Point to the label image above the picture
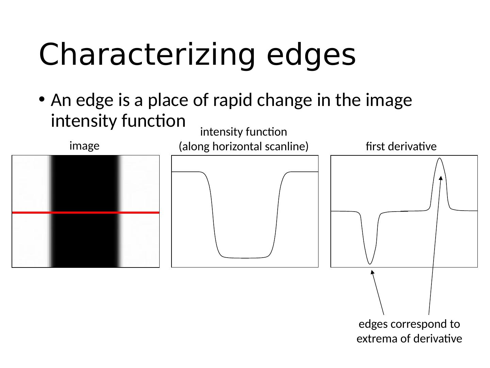(84, 146)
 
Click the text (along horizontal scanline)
(244, 147)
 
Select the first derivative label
(401, 147)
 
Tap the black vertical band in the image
(85, 184)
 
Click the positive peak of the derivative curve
(440, 159)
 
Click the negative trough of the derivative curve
(370, 263)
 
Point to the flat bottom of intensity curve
(245, 258)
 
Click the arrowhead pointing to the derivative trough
(372, 272)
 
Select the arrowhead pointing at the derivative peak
(441, 178)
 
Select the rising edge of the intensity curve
(276, 215)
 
